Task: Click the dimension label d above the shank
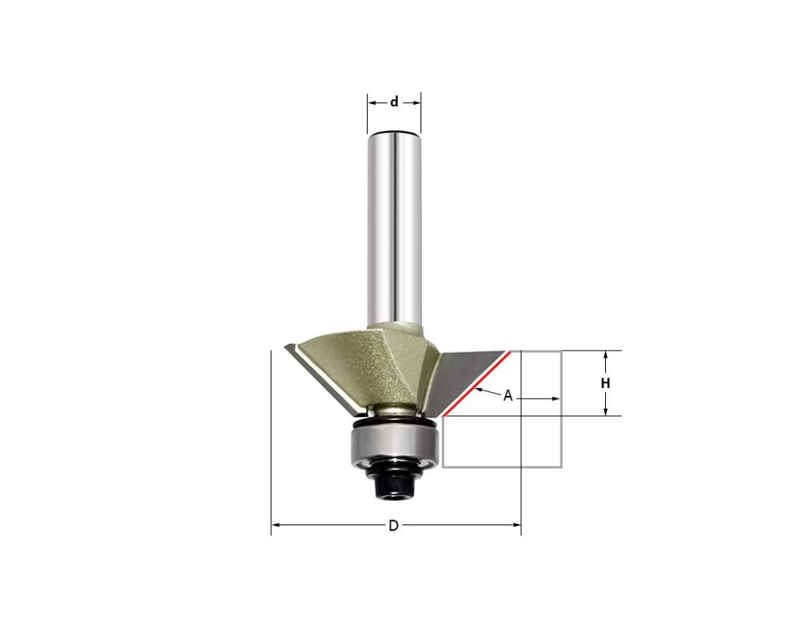click(x=394, y=102)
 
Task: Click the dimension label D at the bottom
click(x=394, y=525)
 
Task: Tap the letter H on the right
click(x=605, y=384)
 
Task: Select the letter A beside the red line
click(x=508, y=396)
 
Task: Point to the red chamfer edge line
click(x=477, y=384)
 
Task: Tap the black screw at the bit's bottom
click(x=396, y=481)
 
